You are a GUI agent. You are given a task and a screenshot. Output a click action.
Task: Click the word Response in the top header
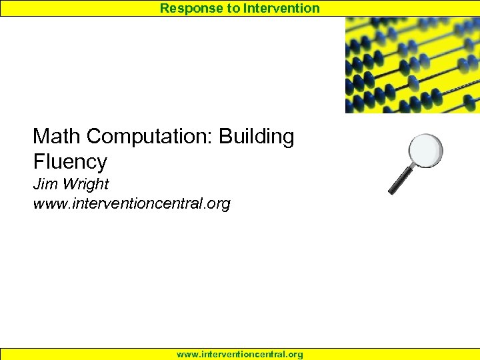[188, 9]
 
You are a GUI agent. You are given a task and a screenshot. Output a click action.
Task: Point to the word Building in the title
[257, 137]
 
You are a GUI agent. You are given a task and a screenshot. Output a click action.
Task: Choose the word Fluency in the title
[70, 162]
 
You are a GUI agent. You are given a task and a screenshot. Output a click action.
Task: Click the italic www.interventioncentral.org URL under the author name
[131, 203]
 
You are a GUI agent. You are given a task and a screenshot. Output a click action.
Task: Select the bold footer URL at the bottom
[240, 354]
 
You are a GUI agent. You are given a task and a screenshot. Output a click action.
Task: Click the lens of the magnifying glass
[425, 151]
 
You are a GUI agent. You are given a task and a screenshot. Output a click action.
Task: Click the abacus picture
[412, 65]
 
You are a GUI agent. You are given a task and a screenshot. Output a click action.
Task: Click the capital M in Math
[42, 137]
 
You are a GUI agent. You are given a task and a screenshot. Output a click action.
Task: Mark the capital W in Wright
[69, 183]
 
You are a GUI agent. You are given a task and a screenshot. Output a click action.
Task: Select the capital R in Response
[165, 9]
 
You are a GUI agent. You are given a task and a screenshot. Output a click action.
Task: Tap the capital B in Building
[225, 137]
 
